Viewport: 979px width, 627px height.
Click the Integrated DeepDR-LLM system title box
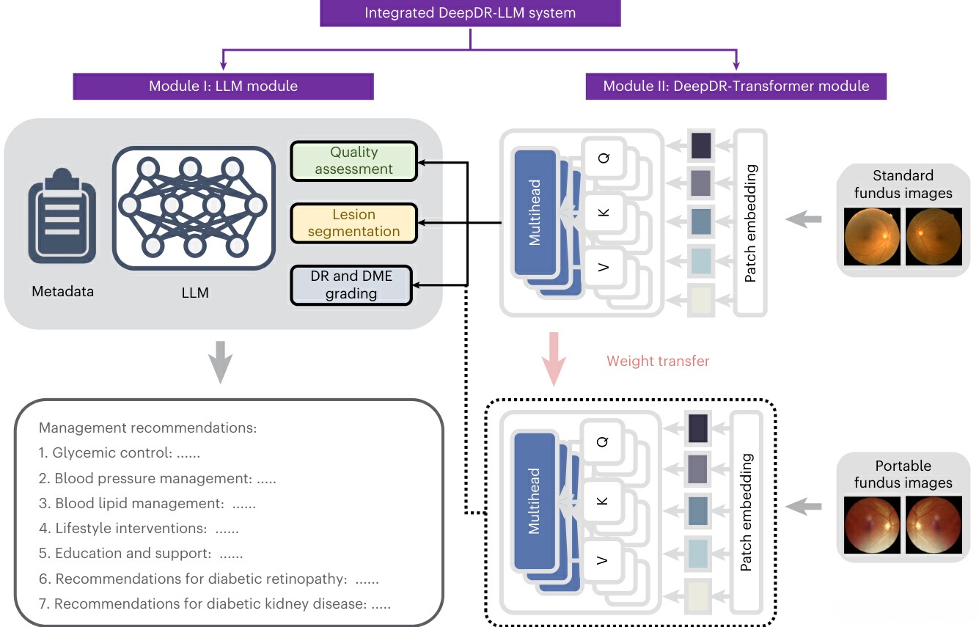(x=471, y=13)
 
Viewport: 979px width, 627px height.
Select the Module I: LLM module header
(x=223, y=86)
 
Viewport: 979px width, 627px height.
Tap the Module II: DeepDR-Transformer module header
(x=736, y=86)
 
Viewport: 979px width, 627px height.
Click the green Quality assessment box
(x=353, y=161)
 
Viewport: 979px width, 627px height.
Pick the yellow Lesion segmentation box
(x=353, y=223)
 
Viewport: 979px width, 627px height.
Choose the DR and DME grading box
(x=352, y=285)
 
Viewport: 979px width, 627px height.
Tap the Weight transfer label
(x=658, y=361)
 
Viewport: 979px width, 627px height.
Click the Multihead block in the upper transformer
(x=535, y=212)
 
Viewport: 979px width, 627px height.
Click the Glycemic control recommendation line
(x=119, y=453)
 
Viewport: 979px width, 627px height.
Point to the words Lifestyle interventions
(x=129, y=528)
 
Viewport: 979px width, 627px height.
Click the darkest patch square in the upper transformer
(x=701, y=145)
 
